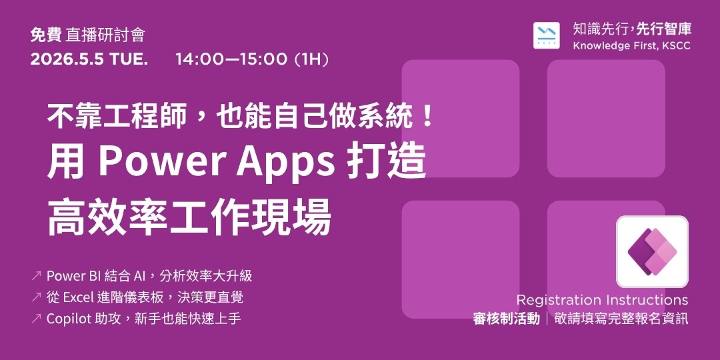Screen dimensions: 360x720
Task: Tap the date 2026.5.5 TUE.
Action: coord(89,59)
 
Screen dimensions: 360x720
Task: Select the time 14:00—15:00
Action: coord(231,59)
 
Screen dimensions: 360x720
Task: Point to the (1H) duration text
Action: coord(311,59)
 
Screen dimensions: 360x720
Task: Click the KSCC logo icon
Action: coord(547,35)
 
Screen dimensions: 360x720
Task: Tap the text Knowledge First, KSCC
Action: coord(631,45)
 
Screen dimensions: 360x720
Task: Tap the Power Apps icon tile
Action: coord(651,251)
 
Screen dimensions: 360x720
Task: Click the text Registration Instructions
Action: coord(602,300)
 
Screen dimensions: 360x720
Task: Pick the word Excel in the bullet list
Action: coord(77,297)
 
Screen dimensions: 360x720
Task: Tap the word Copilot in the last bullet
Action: coord(68,319)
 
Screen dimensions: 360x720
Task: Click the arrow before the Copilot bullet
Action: coord(36,319)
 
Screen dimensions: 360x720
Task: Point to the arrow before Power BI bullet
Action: coord(36,276)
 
